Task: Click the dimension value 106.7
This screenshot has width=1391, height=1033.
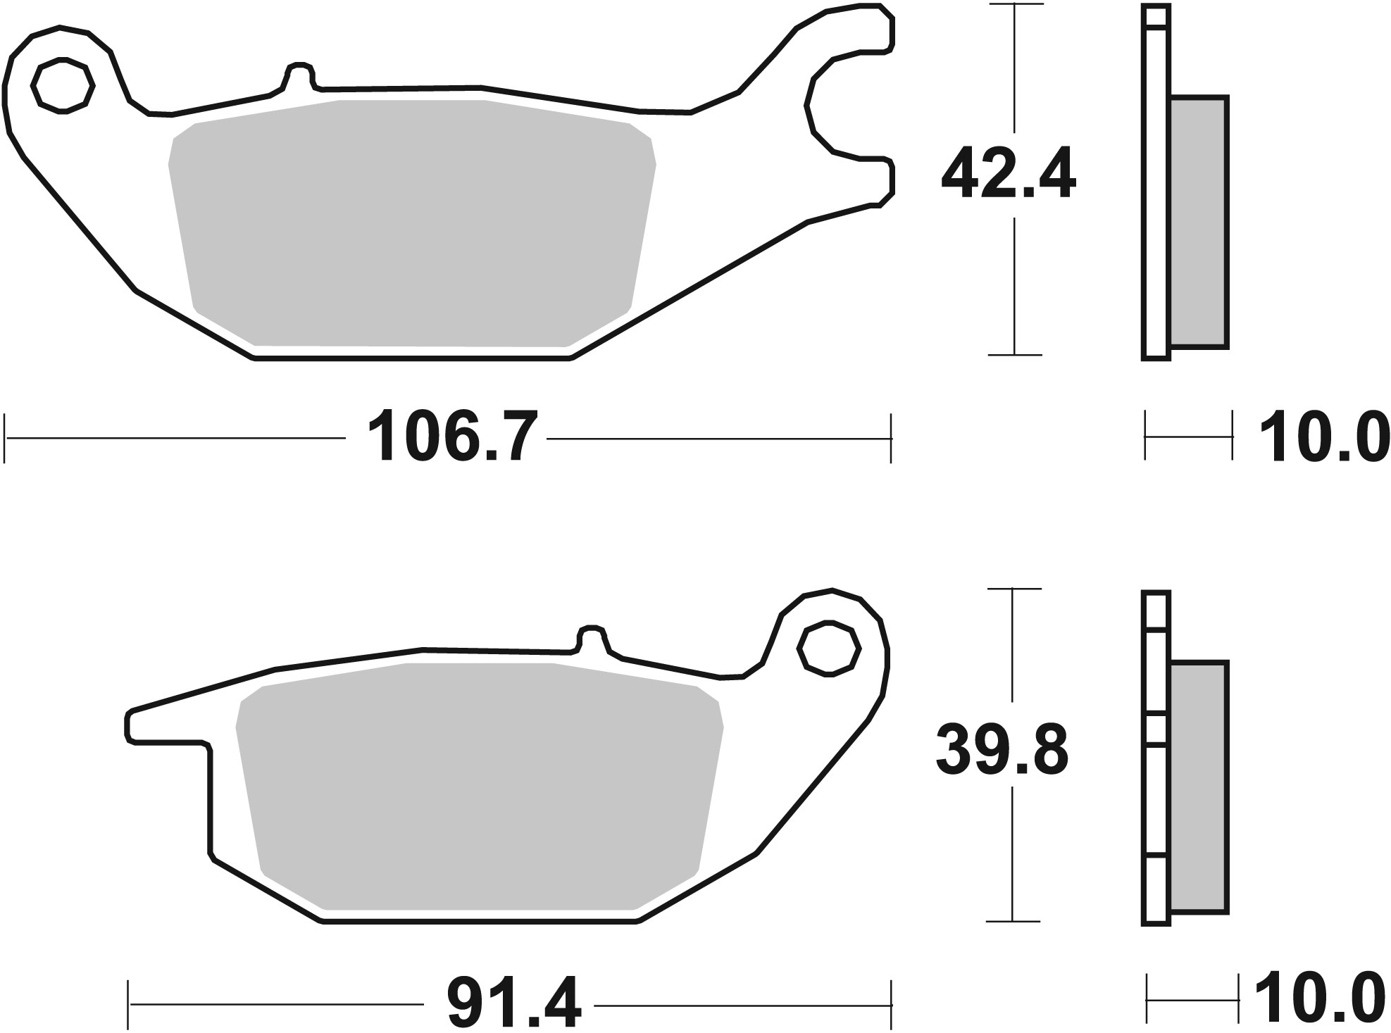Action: click(x=446, y=438)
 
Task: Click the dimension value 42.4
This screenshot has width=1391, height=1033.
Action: click(x=1008, y=175)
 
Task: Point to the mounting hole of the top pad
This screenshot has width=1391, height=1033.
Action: click(x=63, y=86)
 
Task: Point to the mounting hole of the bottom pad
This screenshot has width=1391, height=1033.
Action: click(x=828, y=649)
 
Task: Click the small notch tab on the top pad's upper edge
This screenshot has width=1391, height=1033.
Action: click(x=299, y=74)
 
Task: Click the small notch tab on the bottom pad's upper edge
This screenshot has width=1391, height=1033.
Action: click(x=591, y=636)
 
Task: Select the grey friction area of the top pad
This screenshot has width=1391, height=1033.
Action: click(x=412, y=222)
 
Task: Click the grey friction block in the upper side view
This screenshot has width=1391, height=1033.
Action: click(x=1198, y=223)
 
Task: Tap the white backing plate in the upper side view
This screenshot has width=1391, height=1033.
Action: click(x=1155, y=211)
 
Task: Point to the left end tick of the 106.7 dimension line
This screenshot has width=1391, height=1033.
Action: click(x=6, y=438)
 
